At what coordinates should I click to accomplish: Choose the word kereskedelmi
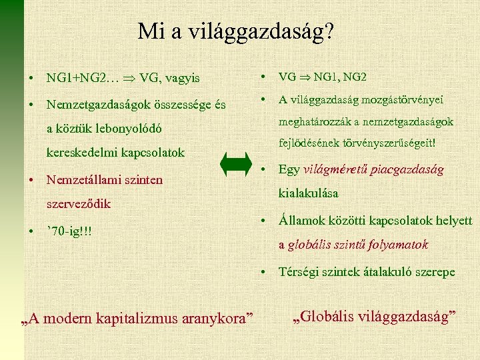(x=81, y=153)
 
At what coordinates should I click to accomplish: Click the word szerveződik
(x=78, y=203)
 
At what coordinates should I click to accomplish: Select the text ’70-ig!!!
(x=69, y=231)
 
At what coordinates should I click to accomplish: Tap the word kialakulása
(x=308, y=193)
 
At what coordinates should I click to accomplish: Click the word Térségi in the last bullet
(x=298, y=272)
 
